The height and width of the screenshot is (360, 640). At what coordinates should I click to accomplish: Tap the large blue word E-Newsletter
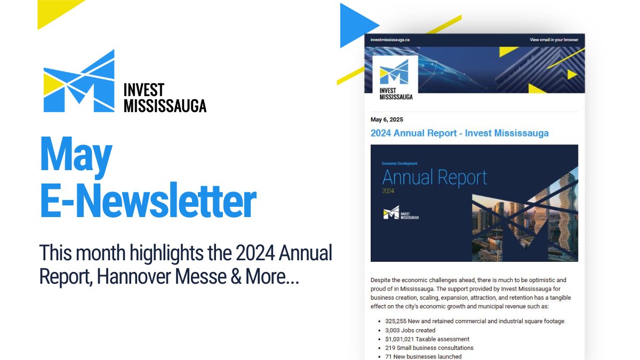148,202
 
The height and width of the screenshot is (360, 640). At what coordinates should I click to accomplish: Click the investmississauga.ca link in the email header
390,39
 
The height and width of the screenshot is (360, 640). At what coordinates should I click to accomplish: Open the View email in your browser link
554,39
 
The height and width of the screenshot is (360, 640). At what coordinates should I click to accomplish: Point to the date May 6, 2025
387,119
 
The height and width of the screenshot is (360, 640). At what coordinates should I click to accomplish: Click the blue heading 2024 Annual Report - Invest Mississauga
459,133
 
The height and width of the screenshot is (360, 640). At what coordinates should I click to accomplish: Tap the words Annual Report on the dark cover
435,177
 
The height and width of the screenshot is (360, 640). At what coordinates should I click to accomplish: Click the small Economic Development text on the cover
399,163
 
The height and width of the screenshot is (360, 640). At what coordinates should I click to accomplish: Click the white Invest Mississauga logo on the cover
401,213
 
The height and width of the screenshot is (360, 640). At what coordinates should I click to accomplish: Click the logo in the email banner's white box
394,79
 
